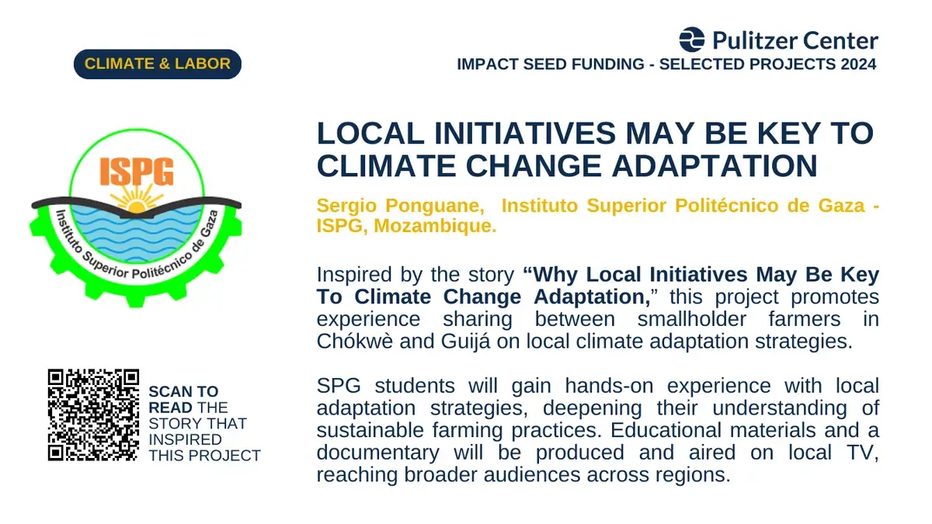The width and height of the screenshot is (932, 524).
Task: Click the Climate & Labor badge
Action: click(157, 64)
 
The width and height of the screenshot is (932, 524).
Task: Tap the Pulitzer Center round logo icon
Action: click(692, 40)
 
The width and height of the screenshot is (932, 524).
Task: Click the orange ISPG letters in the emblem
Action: click(137, 171)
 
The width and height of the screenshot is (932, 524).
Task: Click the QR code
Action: click(93, 415)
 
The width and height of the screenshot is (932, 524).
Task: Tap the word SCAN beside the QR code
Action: click(170, 392)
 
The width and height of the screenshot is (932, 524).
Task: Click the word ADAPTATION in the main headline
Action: click(715, 166)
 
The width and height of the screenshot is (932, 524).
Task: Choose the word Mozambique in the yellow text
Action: click(435, 226)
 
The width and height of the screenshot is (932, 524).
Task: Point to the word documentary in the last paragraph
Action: click(377, 453)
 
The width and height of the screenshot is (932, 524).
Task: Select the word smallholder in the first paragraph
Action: click(691, 319)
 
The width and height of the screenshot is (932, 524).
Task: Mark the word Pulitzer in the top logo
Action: click(754, 40)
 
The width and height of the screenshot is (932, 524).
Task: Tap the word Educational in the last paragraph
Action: click(666, 430)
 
